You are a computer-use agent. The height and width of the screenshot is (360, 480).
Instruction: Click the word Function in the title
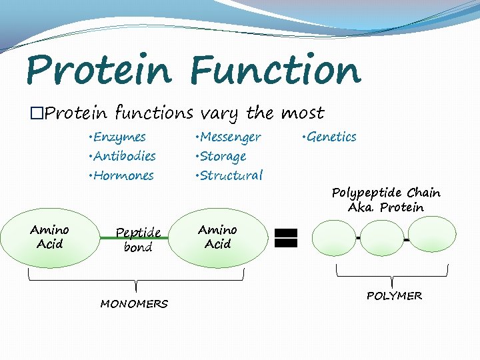[275, 70]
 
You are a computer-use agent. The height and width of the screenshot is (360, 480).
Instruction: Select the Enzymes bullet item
[117, 137]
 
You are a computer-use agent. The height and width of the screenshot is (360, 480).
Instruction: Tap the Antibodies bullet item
[122, 156]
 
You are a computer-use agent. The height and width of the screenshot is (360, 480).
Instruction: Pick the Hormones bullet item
[121, 175]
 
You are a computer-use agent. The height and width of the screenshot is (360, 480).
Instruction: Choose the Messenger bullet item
[229, 137]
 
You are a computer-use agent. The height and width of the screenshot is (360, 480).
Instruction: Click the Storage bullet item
[222, 156]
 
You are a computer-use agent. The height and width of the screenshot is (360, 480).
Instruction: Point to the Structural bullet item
[229, 175]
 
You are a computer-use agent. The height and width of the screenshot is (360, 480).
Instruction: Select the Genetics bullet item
[329, 137]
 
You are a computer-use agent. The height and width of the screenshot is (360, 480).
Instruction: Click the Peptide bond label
[138, 240]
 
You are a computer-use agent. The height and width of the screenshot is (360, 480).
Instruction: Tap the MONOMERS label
[134, 304]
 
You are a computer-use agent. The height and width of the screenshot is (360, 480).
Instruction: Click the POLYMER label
[394, 295]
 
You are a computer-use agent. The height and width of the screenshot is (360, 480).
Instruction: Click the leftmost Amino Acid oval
[50, 237]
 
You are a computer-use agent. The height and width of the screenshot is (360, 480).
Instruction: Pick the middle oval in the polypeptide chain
[382, 238]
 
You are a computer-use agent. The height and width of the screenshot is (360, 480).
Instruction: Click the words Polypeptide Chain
[386, 193]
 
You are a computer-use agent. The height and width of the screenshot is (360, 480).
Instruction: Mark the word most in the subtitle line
[301, 113]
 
